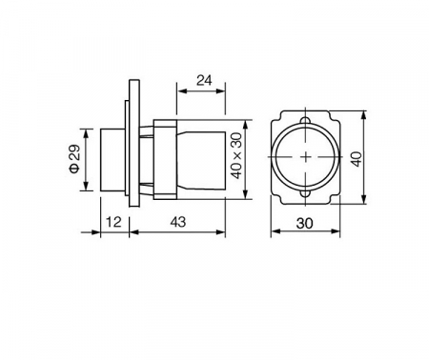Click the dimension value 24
[x=204, y=81]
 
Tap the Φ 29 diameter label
[x=75, y=159]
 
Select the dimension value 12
[x=113, y=222]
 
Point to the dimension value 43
[x=177, y=222]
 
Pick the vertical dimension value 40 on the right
[x=357, y=159]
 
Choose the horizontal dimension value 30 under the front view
[x=304, y=224]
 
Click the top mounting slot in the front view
[x=305, y=121]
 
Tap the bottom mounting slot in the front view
[x=305, y=193]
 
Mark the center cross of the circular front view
[x=306, y=157]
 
